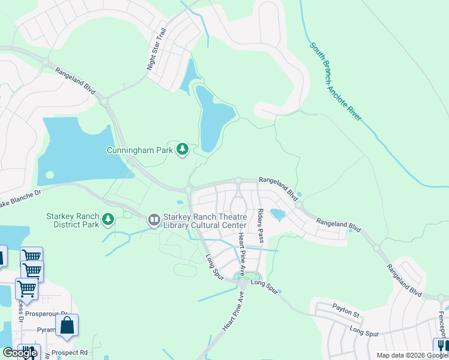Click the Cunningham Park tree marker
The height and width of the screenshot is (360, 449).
tap(182, 149)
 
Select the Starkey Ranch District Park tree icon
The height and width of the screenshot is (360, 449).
tap(108, 220)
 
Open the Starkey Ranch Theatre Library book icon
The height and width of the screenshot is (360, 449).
tap(154, 220)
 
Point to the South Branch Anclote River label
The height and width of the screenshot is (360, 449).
tap(336, 81)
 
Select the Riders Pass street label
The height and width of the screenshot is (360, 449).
tap(261, 226)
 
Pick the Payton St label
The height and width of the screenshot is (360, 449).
tap(346, 313)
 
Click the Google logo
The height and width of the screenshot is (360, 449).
tap(20, 353)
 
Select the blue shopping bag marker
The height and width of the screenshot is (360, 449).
tap(67, 326)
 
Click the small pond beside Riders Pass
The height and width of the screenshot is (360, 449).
tap(277, 214)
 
